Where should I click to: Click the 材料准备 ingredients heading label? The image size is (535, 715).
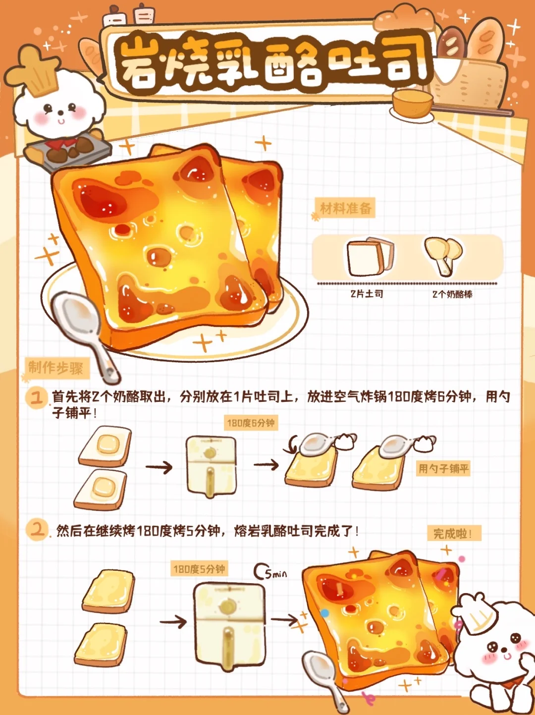coord(345,208)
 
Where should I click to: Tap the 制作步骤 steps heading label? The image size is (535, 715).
coord(56,369)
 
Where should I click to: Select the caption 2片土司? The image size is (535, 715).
coord(367,294)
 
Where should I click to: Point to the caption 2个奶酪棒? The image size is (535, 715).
coord(452,294)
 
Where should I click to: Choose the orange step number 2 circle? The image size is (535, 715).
coord(37,530)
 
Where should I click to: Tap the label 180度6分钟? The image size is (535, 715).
coord(251,423)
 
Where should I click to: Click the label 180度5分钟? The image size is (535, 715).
coord(199,569)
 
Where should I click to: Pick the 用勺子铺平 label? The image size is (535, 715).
coord(443,469)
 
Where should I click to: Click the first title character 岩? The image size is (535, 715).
coord(137,62)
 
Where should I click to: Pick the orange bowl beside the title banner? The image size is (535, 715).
coord(413,104)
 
